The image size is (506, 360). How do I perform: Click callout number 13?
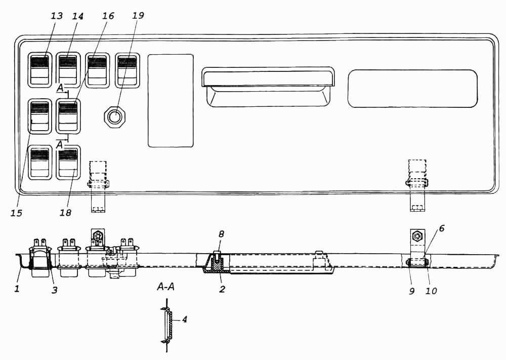[x=57, y=16]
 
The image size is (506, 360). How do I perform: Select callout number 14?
[x=77, y=16]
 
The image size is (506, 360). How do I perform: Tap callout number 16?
[x=108, y=16]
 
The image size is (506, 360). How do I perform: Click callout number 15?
[x=16, y=213]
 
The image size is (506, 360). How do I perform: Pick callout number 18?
[x=65, y=213]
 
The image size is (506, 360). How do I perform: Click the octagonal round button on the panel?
[x=114, y=116]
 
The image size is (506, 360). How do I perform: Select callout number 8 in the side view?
[x=221, y=234]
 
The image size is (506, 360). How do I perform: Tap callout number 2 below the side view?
[x=222, y=289]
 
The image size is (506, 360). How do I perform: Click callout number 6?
[x=441, y=228]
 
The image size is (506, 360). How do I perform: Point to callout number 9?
[x=411, y=291]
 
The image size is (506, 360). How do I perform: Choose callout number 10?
[x=431, y=291]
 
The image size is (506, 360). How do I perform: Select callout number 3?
[x=55, y=290]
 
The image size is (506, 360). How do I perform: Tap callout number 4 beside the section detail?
[x=184, y=319]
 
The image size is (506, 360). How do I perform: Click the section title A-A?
[x=165, y=287]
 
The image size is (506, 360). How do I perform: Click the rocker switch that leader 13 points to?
[x=39, y=70]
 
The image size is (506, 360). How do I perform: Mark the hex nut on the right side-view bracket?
[x=417, y=237]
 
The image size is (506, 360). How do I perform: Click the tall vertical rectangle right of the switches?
[x=171, y=101]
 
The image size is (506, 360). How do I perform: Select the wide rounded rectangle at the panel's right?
[x=412, y=89]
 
